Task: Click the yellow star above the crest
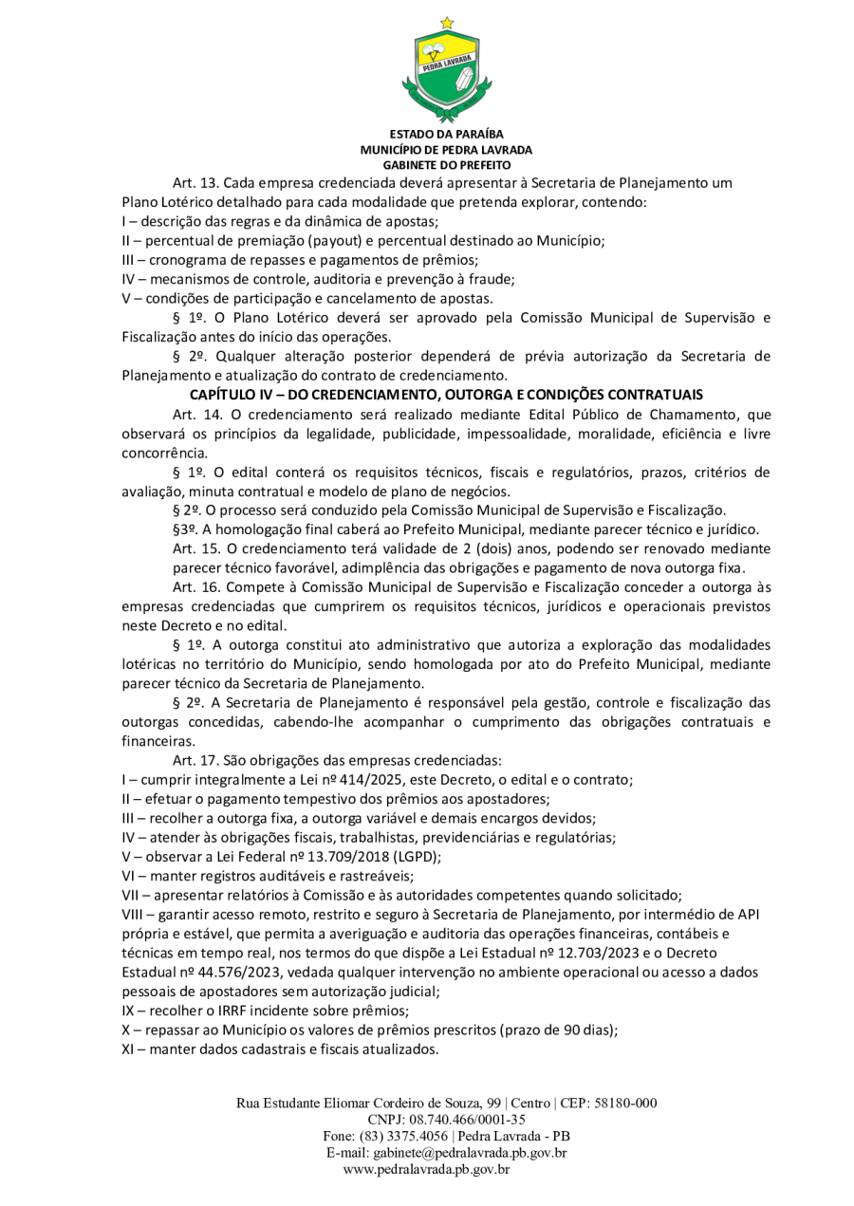click(x=447, y=22)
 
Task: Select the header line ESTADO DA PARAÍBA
click(x=446, y=135)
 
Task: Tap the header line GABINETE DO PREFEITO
click(x=446, y=164)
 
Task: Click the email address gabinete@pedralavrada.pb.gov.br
click(x=471, y=1153)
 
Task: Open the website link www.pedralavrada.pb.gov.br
click(x=426, y=1170)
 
